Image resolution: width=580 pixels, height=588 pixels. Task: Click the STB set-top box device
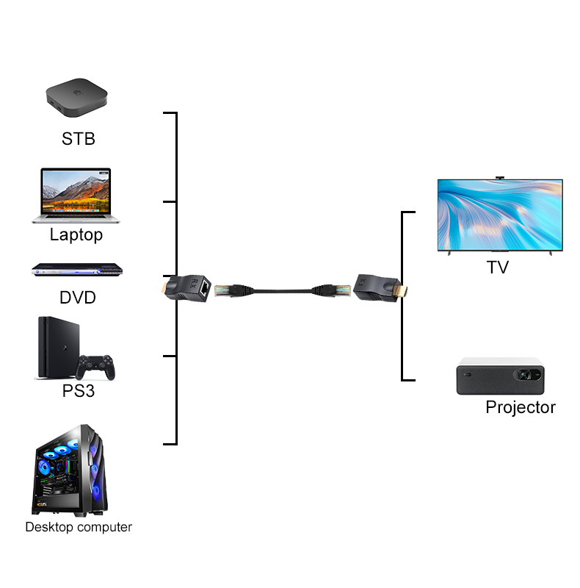pyautogui.click(x=77, y=99)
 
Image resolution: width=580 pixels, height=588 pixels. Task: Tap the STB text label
pyautogui.click(x=79, y=138)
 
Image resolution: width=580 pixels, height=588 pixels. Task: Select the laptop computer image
pyautogui.click(x=76, y=195)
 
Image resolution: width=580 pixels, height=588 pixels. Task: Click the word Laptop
pyautogui.click(x=76, y=235)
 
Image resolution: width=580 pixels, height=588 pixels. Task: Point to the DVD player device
pyautogui.click(x=76, y=270)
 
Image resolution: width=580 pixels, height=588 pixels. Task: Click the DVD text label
pyautogui.click(x=78, y=298)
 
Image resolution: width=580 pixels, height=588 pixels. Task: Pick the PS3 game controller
pyautogui.click(x=97, y=366)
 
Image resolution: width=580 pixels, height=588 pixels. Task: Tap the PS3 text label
pyautogui.click(x=79, y=391)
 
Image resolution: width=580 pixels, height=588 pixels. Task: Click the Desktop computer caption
pyautogui.click(x=79, y=527)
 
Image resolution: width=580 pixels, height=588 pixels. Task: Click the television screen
pyautogui.click(x=499, y=215)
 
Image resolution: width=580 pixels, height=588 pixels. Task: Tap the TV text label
pyautogui.click(x=498, y=267)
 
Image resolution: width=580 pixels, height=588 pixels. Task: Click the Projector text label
pyautogui.click(x=521, y=407)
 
